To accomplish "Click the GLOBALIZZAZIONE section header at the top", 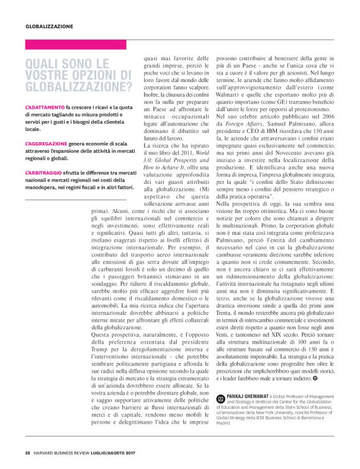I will (49, 27).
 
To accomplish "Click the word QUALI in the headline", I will (43, 63).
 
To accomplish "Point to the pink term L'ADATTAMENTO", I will (43, 108).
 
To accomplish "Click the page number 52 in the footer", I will (27, 452).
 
